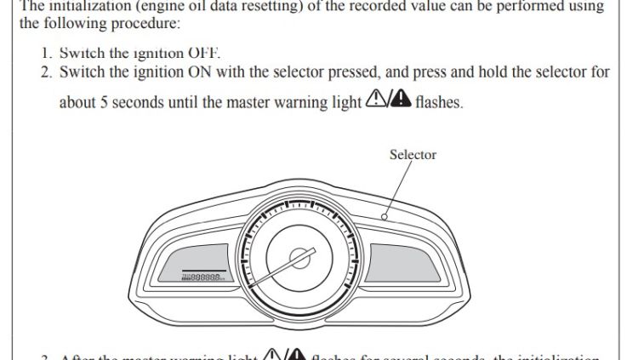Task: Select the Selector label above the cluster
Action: click(413, 155)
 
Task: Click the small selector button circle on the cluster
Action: click(385, 216)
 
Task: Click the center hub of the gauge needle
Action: click(298, 256)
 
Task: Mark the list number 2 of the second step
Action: click(46, 72)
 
